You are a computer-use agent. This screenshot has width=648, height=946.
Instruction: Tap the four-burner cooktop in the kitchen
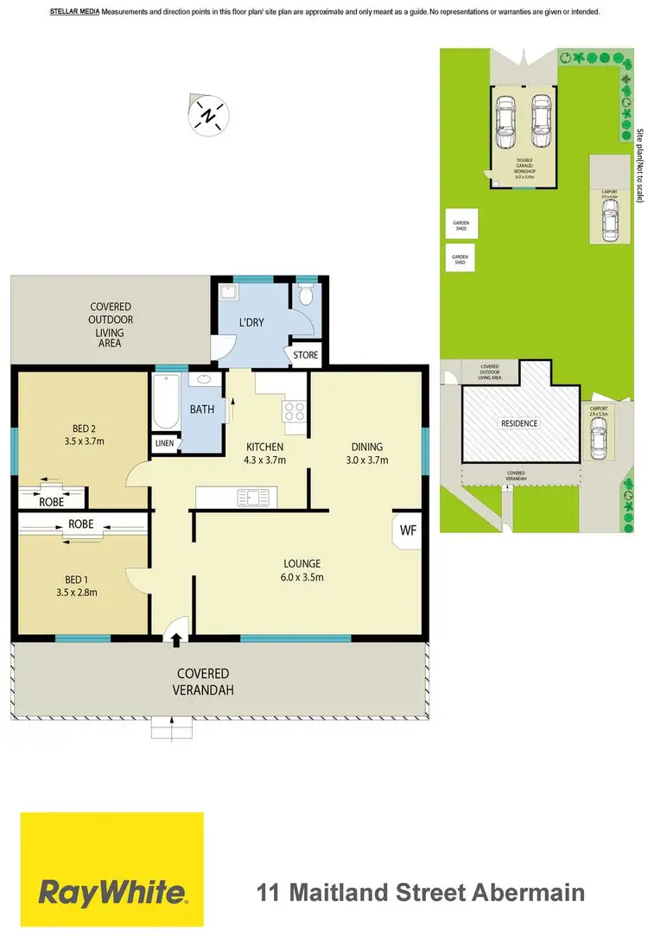pyautogui.click(x=295, y=410)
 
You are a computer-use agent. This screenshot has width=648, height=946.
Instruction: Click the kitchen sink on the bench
pyautogui.click(x=255, y=496)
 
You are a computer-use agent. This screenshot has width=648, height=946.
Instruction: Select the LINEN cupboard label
pyautogui.click(x=164, y=443)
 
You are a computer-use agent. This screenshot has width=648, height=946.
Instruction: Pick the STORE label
pyautogui.click(x=305, y=355)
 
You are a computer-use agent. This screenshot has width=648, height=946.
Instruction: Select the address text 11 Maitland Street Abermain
pyautogui.click(x=422, y=892)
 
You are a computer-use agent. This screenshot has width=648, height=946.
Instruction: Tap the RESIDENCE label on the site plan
pyautogui.click(x=519, y=423)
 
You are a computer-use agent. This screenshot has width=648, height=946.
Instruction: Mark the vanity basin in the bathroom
pyautogui.click(x=205, y=379)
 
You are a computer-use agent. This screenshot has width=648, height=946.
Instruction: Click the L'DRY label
pyautogui.click(x=251, y=325)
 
